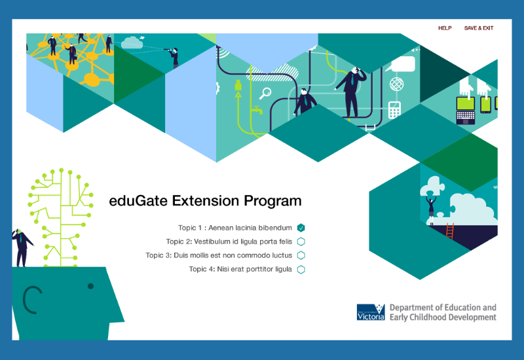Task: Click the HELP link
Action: coord(445,28)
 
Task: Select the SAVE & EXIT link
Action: coord(479,28)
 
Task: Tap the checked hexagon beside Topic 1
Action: coord(301,228)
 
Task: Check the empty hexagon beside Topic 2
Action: coord(301,242)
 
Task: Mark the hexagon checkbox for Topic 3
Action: coord(301,255)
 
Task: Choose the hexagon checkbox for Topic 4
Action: coord(301,270)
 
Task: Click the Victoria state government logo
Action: coord(371,312)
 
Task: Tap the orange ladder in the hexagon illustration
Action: coord(450,231)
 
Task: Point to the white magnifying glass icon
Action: coord(265,93)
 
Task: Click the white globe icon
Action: coord(397,84)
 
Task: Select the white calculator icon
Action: coord(394,110)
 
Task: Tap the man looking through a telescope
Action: coord(174,58)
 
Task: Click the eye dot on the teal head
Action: coord(90,286)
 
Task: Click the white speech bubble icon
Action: coord(401,63)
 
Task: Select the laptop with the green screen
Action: coord(466,110)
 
